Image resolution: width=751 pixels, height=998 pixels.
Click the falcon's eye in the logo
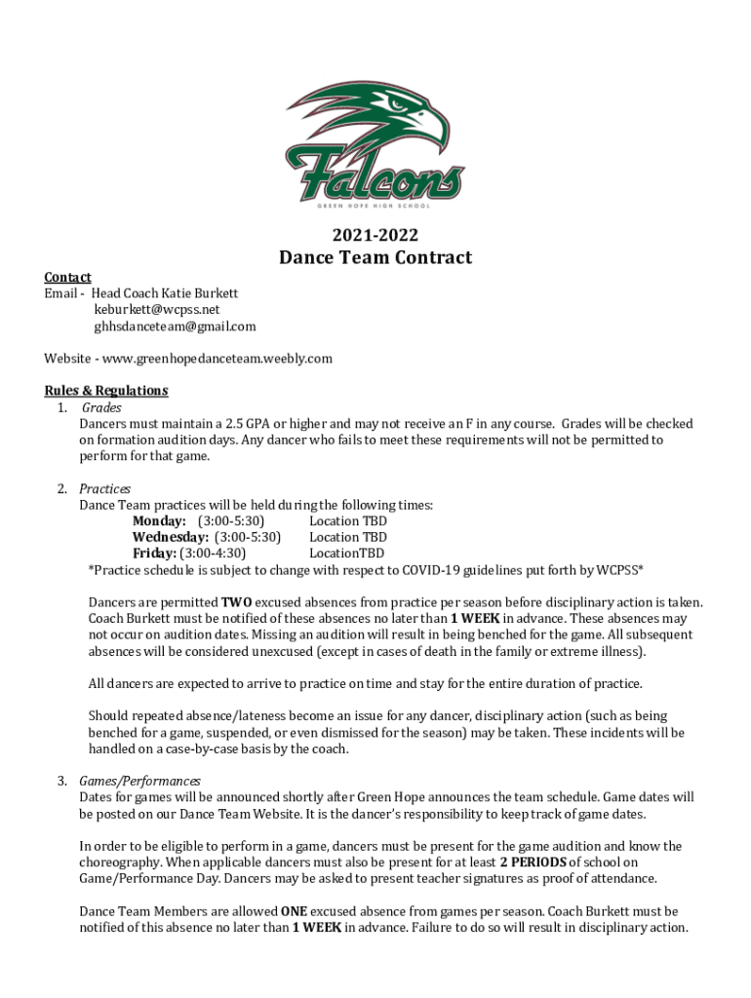[x=395, y=101]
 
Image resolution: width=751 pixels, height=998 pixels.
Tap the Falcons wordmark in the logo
[x=375, y=175]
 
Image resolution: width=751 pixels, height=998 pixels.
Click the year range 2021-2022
[x=375, y=234]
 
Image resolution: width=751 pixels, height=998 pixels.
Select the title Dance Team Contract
[x=375, y=257]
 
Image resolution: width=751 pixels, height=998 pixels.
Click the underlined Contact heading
[x=67, y=277]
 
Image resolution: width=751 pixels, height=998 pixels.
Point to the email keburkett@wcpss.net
[x=150, y=310]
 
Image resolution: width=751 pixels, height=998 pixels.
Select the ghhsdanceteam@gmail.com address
[x=175, y=326]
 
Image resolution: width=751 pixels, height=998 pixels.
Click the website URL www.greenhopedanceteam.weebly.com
[x=217, y=359]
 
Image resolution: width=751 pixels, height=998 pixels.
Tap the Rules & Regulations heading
[x=106, y=391]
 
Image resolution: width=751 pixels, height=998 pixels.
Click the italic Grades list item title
[x=101, y=407]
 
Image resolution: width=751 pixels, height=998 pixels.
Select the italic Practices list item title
[x=104, y=488]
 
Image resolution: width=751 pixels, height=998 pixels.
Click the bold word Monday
[x=159, y=521]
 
